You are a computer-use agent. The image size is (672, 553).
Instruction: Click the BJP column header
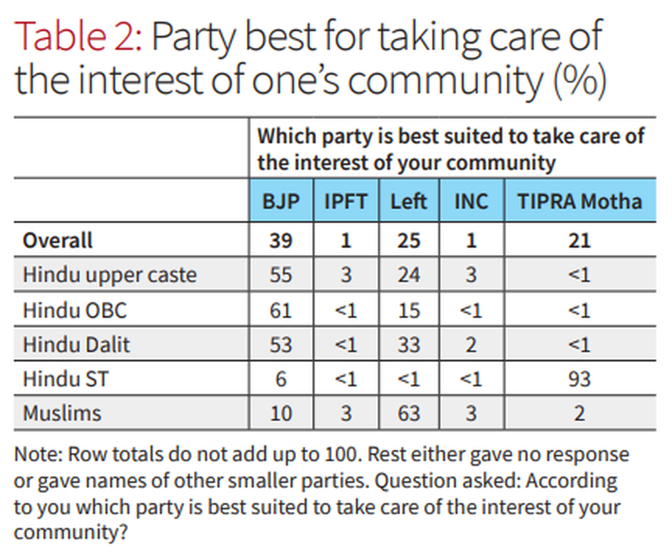pyautogui.click(x=281, y=201)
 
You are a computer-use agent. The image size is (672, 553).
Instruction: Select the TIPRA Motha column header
pyautogui.click(x=580, y=201)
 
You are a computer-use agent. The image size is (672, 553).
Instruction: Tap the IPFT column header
pyautogui.click(x=346, y=201)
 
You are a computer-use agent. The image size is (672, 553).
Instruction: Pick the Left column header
pyautogui.click(x=408, y=201)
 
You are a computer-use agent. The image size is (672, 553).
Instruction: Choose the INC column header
pyautogui.click(x=471, y=201)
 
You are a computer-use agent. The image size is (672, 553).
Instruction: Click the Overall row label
pyautogui.click(x=57, y=241)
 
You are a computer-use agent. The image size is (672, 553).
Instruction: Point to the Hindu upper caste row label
pyautogui.click(x=110, y=275)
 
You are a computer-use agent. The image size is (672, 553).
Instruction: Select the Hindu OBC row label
pyautogui.click(x=74, y=310)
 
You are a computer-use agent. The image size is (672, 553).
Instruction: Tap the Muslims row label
pyautogui.click(x=62, y=413)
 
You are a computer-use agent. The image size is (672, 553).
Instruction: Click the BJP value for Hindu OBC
pyautogui.click(x=281, y=310)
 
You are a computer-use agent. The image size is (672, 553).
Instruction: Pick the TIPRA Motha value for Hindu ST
pyautogui.click(x=580, y=379)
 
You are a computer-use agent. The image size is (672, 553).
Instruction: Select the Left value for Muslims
pyautogui.click(x=408, y=413)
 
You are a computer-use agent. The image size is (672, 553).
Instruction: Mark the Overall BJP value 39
pyautogui.click(x=281, y=241)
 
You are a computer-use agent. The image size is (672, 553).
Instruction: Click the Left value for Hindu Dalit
pyautogui.click(x=408, y=344)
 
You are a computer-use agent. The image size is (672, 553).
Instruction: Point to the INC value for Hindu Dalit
pyautogui.click(x=471, y=344)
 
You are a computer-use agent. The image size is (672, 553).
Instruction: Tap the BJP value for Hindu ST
pyautogui.click(x=281, y=379)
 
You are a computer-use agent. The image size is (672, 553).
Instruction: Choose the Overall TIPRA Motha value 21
pyautogui.click(x=580, y=241)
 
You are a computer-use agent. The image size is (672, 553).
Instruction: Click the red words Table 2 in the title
pyautogui.click(x=78, y=37)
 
